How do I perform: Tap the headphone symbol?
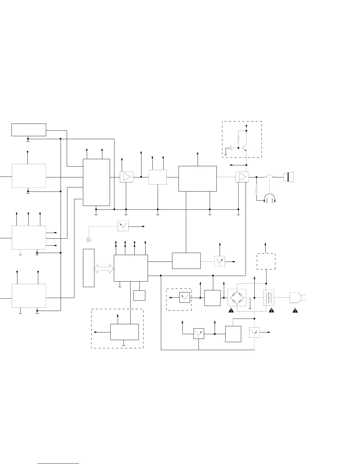(x=270, y=199)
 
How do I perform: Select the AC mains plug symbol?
(x=295, y=298)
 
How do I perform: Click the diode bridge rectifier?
(x=237, y=298)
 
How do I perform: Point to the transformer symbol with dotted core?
(x=269, y=298)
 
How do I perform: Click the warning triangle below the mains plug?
(x=295, y=310)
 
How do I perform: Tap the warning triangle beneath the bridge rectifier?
(x=231, y=310)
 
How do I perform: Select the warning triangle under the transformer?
(x=271, y=310)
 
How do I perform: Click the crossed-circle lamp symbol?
(x=89, y=240)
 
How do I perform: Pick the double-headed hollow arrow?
(x=104, y=268)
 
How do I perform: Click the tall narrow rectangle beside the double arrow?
(x=89, y=268)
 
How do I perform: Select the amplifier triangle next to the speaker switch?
(x=242, y=177)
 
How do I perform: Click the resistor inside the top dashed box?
(x=239, y=139)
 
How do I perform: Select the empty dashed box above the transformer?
(x=266, y=261)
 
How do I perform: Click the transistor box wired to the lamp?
(x=123, y=226)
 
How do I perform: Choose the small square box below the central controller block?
(x=139, y=295)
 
